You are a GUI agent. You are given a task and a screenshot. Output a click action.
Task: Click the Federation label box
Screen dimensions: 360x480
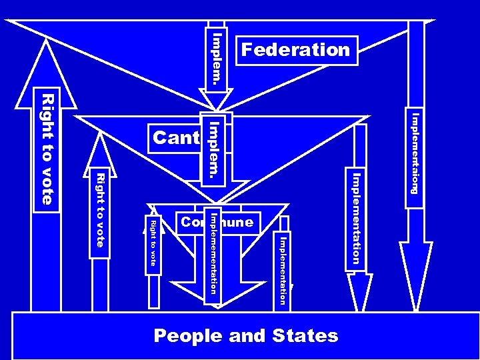[296, 50]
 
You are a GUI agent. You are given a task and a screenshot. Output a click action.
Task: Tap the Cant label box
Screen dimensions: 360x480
[175, 138]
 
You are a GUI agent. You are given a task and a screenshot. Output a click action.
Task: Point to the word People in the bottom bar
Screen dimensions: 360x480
[188, 335]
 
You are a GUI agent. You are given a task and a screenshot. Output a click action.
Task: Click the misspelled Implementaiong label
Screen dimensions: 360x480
[414, 153]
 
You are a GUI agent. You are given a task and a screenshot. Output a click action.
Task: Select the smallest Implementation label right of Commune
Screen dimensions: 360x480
[283, 270]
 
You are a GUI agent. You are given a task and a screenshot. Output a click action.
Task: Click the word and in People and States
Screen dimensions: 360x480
[247, 335]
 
